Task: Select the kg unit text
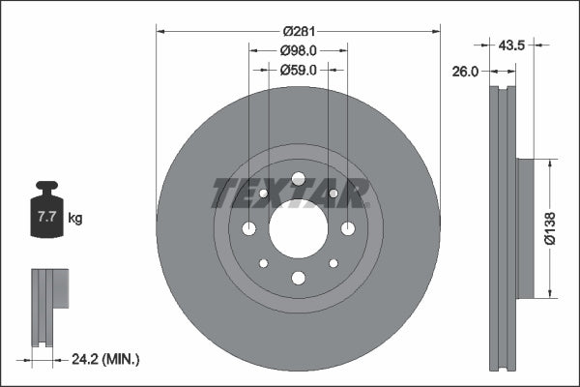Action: point(75,219)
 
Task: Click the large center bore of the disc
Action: point(298,228)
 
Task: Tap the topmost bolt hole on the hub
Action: point(298,178)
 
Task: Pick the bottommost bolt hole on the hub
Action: point(298,279)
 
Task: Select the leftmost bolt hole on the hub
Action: point(249,228)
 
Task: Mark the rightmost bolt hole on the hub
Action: point(347,228)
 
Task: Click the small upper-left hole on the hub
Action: point(263,193)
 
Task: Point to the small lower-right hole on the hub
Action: point(333,263)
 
